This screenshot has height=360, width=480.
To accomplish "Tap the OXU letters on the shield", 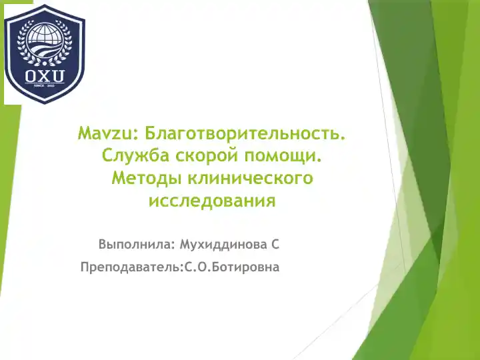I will pos(44,75).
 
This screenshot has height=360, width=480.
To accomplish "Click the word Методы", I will pos(145,179).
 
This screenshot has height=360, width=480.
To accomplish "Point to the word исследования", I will pos(211,201).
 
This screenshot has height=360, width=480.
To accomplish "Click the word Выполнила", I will pos(135,244).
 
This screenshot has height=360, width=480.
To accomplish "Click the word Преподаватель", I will pos(129,267).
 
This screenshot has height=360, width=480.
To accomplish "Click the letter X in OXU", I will pos(44,75).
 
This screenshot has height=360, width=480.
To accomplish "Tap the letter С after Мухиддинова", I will pos(275,244).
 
